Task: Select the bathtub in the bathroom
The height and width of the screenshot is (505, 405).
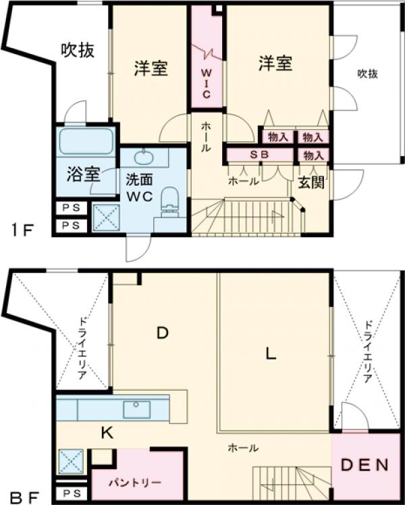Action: pos(86,143)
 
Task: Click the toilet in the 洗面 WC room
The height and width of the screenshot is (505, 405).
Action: pos(171,198)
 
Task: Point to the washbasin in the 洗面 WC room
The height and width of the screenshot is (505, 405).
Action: pos(144,158)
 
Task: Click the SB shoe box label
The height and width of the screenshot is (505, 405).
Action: pos(260,155)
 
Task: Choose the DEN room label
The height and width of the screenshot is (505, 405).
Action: pos(364,465)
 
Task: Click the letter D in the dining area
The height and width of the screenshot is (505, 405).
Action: pos(162,333)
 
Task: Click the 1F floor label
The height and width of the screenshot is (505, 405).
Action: pos(21,229)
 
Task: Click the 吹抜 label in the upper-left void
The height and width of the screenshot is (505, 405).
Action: pos(77,49)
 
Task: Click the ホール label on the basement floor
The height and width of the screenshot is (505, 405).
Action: pos(242,448)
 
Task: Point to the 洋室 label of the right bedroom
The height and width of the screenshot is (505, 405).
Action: pos(275,64)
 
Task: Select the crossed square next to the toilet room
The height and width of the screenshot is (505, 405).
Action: pos(106,218)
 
